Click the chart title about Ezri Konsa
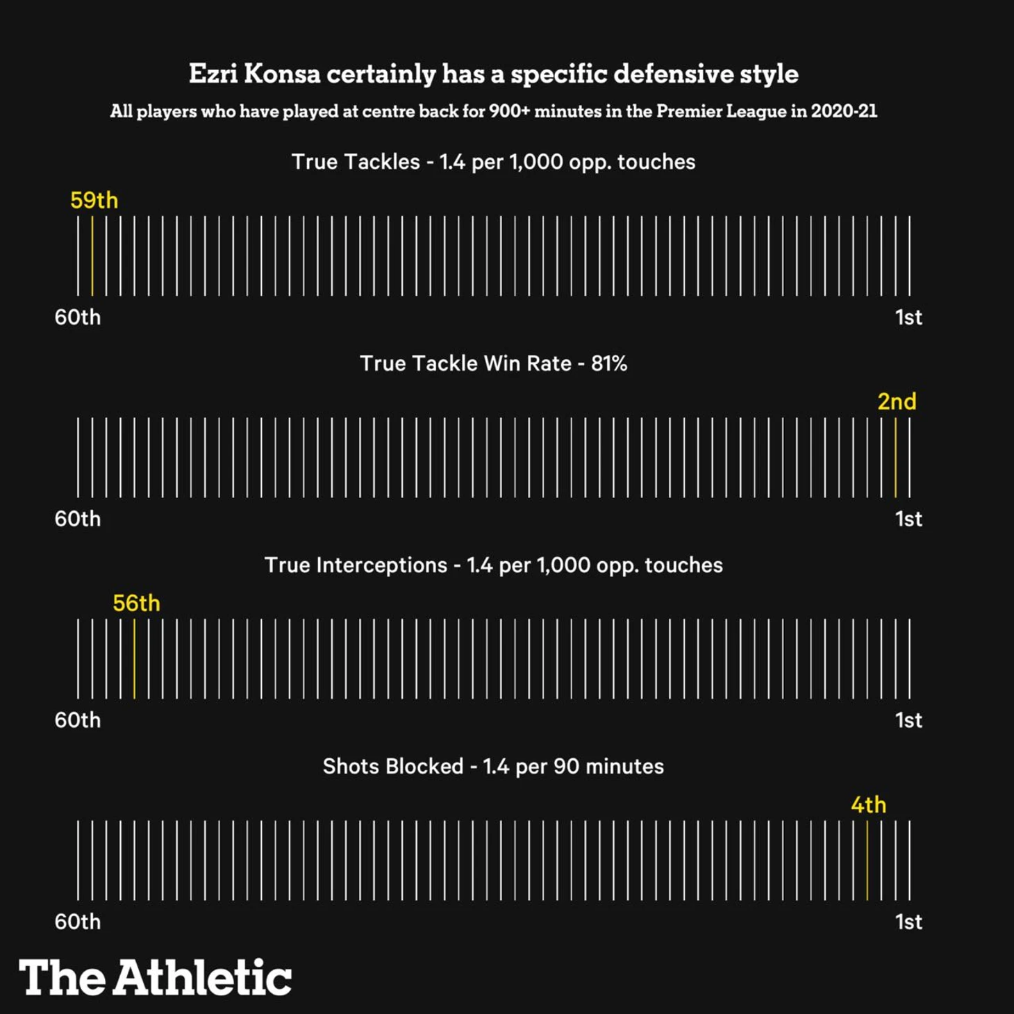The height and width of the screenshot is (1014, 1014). pos(493,74)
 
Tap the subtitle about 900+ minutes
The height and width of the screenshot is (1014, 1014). pos(493,111)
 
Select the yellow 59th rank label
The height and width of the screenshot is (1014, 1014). pos(94,200)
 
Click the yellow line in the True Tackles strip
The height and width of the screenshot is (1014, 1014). pos(92,256)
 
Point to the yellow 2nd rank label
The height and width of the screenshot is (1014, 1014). pos(897,401)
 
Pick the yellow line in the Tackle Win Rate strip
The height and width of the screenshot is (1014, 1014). pos(895,457)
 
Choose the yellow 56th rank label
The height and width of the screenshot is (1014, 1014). pos(136,603)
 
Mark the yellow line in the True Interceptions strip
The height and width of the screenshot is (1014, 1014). pos(134,658)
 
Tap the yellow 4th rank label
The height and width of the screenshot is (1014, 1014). pos(868,804)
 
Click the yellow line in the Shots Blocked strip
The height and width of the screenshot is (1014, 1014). pos(867,860)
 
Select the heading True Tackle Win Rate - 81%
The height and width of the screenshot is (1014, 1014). pos(493,363)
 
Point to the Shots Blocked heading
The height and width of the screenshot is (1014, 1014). pos(493,766)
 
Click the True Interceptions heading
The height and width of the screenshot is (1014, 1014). pos(493,565)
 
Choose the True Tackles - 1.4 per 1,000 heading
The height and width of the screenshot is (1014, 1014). pos(493,162)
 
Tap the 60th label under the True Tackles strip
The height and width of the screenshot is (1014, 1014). pos(78,317)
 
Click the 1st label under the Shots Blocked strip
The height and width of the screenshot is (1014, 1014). pos(908,922)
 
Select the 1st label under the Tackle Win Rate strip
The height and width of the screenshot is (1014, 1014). pos(908,519)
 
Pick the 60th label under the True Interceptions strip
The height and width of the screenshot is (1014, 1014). pos(78,720)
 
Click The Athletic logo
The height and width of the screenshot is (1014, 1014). pos(155,977)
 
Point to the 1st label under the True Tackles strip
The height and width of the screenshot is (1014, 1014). pos(908,317)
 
